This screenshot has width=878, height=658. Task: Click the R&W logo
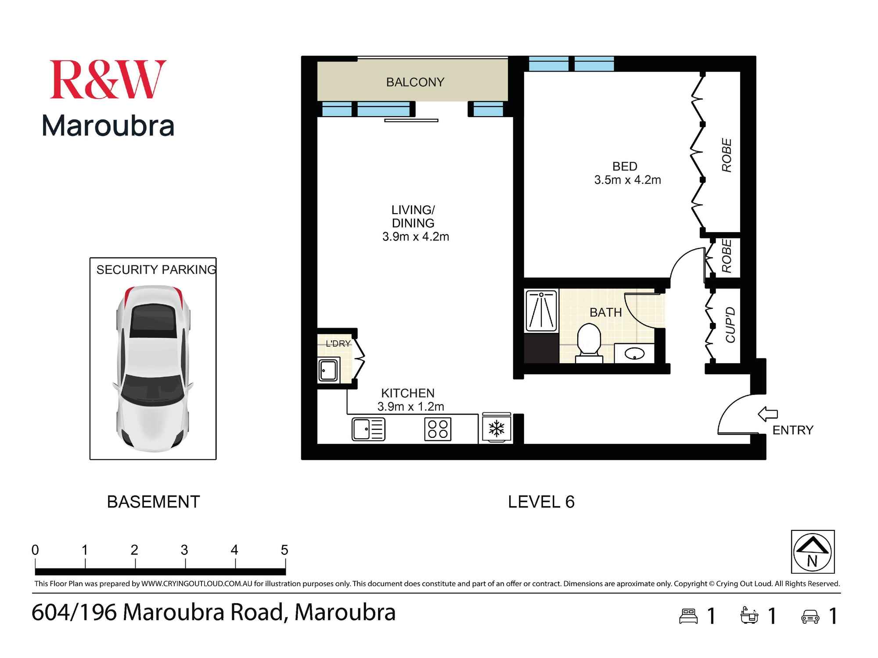tap(108, 80)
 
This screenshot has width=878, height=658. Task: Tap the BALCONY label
tap(415, 82)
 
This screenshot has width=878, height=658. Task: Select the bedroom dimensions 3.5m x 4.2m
tap(627, 180)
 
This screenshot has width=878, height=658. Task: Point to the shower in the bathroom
tap(542, 310)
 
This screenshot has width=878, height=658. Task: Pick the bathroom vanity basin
tap(634, 353)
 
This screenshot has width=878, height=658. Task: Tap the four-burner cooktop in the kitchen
tap(438, 429)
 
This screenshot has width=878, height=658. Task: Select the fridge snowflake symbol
tap(497, 429)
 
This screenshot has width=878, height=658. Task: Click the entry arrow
tap(768, 414)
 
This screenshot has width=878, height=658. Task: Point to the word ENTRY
tap(793, 430)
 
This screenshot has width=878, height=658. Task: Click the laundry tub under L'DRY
tap(328, 370)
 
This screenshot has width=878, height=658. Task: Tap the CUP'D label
tap(730, 325)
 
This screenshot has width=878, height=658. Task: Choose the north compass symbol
tap(813, 551)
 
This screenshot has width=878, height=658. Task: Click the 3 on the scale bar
tap(184, 550)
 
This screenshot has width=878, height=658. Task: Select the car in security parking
tap(153, 368)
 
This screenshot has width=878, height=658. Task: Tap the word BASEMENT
tap(153, 502)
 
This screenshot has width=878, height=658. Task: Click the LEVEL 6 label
tap(541, 502)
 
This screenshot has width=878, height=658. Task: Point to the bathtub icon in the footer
tap(749, 615)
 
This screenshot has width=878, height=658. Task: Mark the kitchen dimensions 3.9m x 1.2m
tap(410, 407)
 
